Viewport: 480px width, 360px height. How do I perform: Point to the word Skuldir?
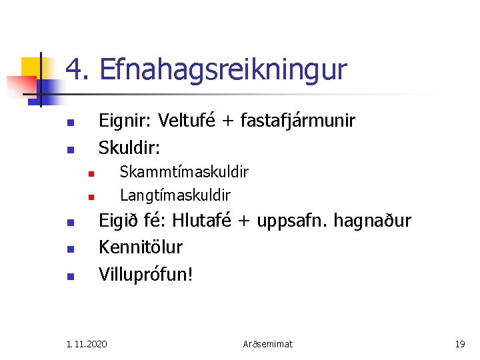click(125, 146)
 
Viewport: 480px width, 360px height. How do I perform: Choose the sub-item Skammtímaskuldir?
click(183, 172)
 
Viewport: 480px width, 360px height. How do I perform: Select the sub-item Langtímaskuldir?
click(175, 195)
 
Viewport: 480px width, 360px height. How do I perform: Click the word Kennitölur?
click(140, 247)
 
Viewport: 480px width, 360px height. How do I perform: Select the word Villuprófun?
click(145, 273)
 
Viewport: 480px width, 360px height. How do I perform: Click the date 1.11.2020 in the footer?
click(87, 344)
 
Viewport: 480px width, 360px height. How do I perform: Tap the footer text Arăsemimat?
click(267, 344)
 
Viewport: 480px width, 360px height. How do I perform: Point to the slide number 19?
click(459, 344)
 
